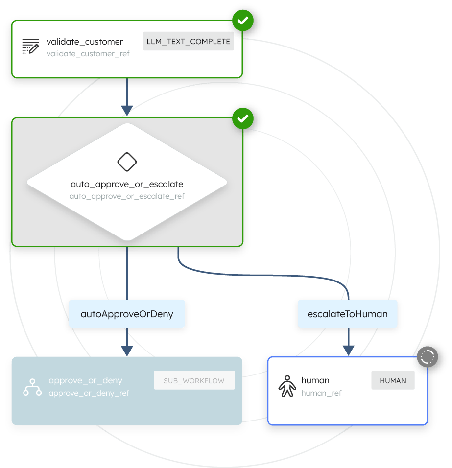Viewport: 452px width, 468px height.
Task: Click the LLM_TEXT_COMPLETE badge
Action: coord(189,42)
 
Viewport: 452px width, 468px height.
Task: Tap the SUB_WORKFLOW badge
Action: coord(194,380)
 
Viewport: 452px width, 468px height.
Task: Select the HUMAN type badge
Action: coord(393,380)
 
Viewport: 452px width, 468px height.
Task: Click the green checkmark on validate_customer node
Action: coord(243,21)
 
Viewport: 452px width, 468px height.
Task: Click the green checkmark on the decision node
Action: coord(243,118)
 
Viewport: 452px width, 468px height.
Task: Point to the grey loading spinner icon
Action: coord(428,357)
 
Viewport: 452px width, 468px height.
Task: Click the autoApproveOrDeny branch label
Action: coord(127,314)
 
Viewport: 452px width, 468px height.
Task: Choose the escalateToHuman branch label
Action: coord(348,314)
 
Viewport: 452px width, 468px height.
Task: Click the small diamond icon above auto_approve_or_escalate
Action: coord(127,162)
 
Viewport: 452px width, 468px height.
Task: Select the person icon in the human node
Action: coord(287,386)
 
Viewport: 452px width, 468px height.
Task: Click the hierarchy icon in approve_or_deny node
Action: coord(32,386)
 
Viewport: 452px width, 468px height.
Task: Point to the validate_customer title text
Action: coord(85,42)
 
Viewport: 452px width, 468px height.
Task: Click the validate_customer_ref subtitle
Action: coord(88,54)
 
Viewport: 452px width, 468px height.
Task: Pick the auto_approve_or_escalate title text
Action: coord(127,185)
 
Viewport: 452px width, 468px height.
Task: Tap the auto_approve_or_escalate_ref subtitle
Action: coord(127,196)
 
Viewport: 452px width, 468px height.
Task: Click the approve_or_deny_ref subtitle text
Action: coord(89,393)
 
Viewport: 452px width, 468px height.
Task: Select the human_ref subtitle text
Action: coord(321,393)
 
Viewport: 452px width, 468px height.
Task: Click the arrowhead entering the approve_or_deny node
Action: coord(127,351)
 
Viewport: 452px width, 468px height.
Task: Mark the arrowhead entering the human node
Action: coord(348,351)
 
